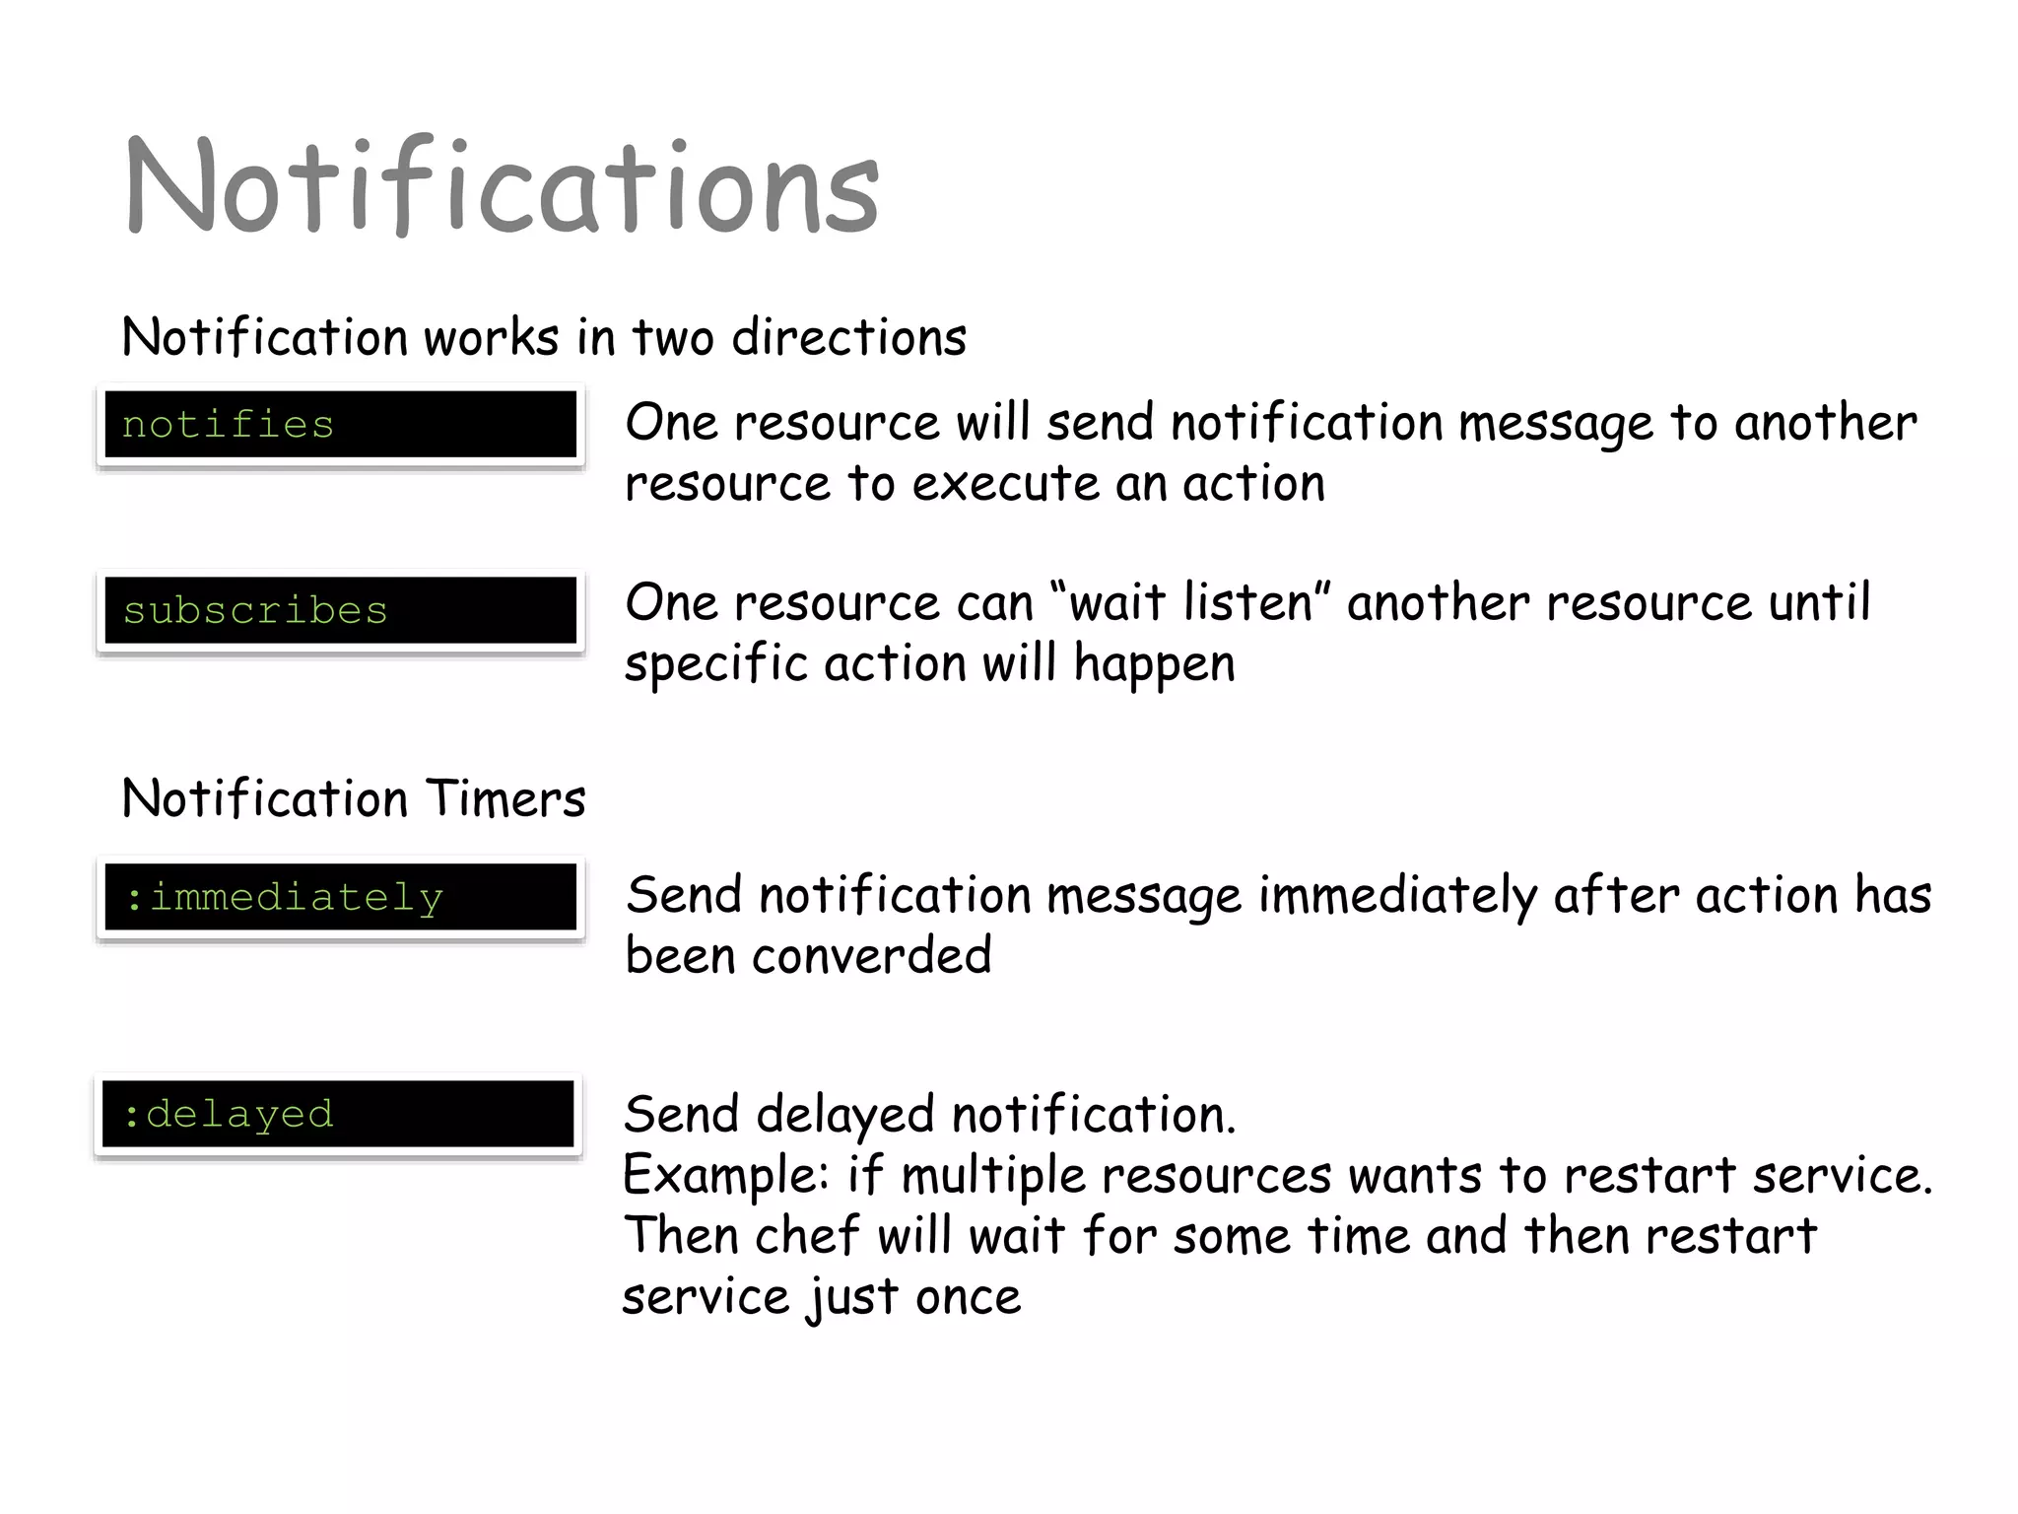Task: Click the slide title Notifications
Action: [x=501, y=187]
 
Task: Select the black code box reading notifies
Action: [x=341, y=425]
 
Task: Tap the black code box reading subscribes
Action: [x=341, y=610]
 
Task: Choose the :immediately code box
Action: [x=341, y=897]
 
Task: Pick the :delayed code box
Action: [x=338, y=1114]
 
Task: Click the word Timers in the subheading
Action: [x=506, y=798]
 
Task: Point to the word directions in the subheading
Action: [x=848, y=338]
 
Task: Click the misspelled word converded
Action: [x=871, y=956]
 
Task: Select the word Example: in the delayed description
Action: [x=726, y=1176]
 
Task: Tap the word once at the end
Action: [x=968, y=1297]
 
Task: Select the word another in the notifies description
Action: [x=1825, y=423]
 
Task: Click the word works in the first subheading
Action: [x=492, y=338]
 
